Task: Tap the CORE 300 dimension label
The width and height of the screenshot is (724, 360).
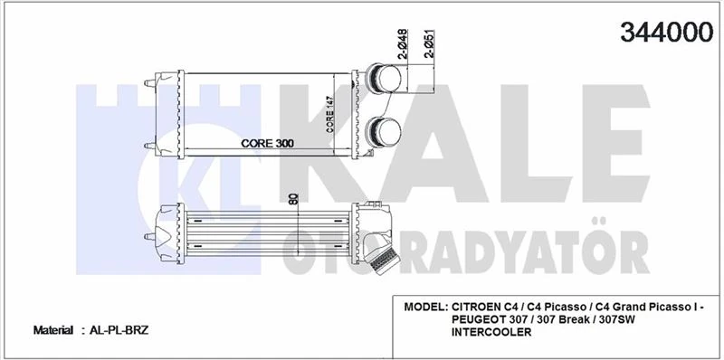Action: (269, 143)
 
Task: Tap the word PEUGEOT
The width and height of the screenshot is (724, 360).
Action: (482, 320)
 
